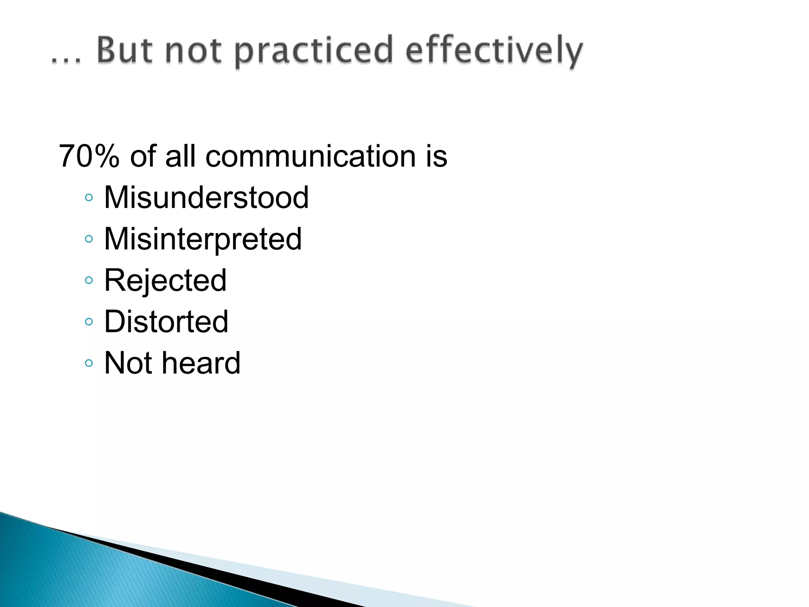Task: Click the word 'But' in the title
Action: [124, 50]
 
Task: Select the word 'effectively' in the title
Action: [494, 51]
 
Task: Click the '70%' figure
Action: [89, 156]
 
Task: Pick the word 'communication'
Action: [311, 156]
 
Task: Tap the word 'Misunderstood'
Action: [206, 197]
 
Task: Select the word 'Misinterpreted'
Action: [203, 239]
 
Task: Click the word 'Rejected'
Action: [165, 281]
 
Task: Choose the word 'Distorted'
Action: [166, 322]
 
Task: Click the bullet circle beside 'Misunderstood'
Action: [89, 197]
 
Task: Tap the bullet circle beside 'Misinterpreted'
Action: [89, 239]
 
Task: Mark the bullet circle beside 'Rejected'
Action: [89, 280]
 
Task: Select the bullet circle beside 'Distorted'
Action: [89, 322]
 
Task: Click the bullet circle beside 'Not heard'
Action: [89, 363]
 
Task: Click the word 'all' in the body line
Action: [181, 156]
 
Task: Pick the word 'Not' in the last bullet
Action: [128, 363]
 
